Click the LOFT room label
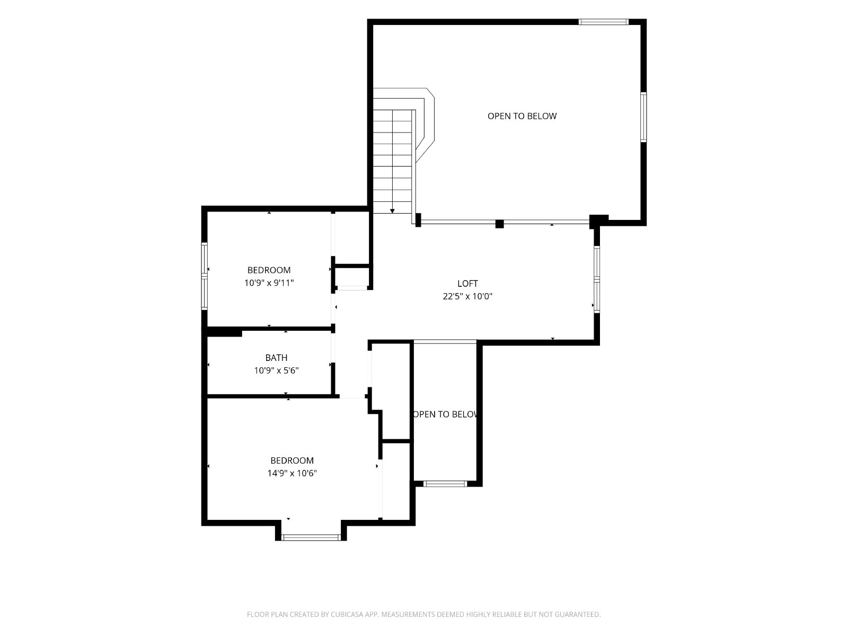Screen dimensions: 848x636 pyautogui.click(x=467, y=284)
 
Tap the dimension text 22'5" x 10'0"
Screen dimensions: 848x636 pyautogui.click(x=467, y=296)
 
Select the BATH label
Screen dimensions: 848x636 pyautogui.click(x=276, y=358)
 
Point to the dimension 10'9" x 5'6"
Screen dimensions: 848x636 pyautogui.click(x=276, y=370)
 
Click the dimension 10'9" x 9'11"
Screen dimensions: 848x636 pyautogui.click(x=269, y=282)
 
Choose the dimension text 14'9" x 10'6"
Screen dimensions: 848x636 pyautogui.click(x=292, y=473)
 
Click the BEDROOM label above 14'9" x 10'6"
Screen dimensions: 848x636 pyautogui.click(x=292, y=460)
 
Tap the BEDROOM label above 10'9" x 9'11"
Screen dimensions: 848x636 pyautogui.click(x=269, y=270)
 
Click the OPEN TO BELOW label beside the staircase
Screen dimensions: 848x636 pyautogui.click(x=522, y=116)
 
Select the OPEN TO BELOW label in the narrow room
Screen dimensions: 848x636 pyautogui.click(x=445, y=414)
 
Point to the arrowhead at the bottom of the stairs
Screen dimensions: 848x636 pyautogui.click(x=392, y=211)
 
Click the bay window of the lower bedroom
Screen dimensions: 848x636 pyautogui.click(x=311, y=537)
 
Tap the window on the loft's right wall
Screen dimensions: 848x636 pyautogui.click(x=596, y=279)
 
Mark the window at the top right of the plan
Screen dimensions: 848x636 pyautogui.click(x=604, y=22)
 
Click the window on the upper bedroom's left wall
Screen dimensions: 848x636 pyautogui.click(x=205, y=276)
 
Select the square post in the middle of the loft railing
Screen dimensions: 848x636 pyautogui.click(x=500, y=224)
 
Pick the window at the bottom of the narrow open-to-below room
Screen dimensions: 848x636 pyautogui.click(x=445, y=483)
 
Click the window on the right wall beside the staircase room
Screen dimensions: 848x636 pyautogui.click(x=643, y=117)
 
